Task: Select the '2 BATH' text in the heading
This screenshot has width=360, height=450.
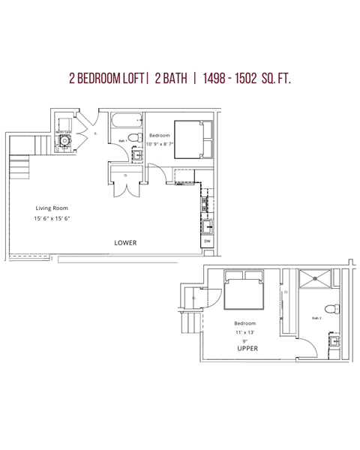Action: pos(172,78)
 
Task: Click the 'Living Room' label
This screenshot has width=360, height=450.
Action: pos(52,208)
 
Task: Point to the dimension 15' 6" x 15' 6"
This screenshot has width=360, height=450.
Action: pos(52,218)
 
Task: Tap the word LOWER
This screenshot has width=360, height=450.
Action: pos(125,243)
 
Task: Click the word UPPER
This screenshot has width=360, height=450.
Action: pos(247,349)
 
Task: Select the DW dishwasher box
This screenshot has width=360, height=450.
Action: pos(207,241)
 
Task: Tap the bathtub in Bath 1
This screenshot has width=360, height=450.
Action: pos(125,120)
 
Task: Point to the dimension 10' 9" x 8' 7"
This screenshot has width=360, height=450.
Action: pos(160,142)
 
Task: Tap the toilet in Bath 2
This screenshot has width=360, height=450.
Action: pos(332,308)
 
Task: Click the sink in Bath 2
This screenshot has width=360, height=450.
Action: pos(334,340)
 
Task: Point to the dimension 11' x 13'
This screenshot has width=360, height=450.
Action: pos(244,331)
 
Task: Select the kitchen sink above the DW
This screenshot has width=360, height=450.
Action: pos(206,224)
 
